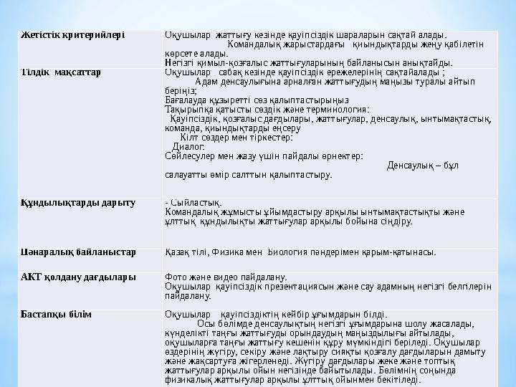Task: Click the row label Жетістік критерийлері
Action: click(x=72, y=34)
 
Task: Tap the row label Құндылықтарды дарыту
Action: click(x=77, y=204)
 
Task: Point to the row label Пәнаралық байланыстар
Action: click(x=78, y=252)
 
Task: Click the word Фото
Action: click(x=176, y=277)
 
